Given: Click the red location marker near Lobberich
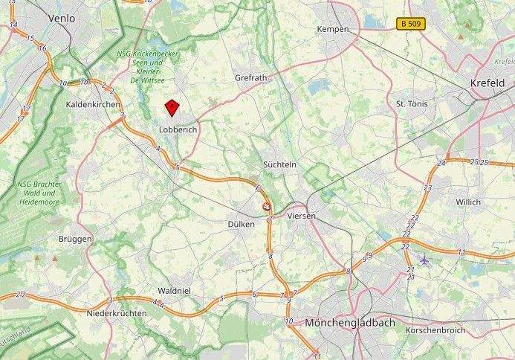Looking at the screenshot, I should [172, 109].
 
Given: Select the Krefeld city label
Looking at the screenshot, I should [488, 83].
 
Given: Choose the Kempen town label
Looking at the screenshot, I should [332, 29].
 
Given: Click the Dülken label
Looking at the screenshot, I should [242, 224].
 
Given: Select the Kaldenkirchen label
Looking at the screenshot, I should [93, 105].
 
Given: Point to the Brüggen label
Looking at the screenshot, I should [75, 239].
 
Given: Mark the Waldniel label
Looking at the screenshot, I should [176, 291].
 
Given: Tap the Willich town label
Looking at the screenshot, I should [468, 202].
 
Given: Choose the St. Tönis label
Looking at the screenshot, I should [414, 103].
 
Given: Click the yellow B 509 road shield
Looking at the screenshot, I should [410, 24].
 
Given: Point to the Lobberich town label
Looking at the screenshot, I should [177, 129].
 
